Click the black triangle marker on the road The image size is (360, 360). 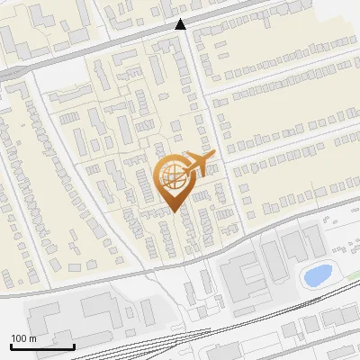click(x=181, y=24)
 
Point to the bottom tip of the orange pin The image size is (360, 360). click(x=173, y=211)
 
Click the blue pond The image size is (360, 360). click(x=317, y=274)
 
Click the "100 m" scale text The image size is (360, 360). click(x=23, y=338)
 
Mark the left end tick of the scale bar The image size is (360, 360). click(x=11, y=345)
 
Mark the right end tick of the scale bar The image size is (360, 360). click(x=74, y=345)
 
